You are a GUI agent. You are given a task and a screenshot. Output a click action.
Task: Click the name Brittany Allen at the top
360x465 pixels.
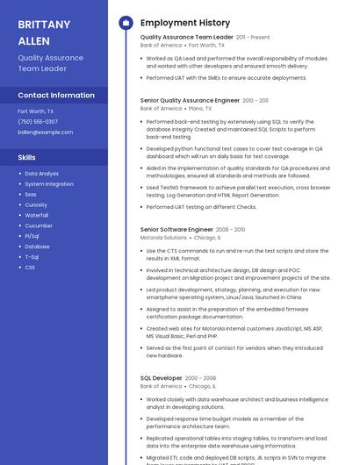[44, 32]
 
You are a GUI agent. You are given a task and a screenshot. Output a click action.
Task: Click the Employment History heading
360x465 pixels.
[184, 23]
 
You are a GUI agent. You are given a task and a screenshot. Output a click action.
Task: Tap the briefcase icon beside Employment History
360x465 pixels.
[126, 23]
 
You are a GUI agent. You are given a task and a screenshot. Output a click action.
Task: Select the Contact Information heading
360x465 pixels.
[56, 95]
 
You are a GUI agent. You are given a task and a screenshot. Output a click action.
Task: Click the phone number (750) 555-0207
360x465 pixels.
[38, 122]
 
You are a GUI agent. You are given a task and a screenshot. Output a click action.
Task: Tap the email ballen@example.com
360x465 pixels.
[46, 132]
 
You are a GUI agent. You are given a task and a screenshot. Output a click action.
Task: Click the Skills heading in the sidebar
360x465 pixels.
[27, 158]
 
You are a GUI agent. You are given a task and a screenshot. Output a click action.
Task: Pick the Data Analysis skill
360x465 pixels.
[42, 174]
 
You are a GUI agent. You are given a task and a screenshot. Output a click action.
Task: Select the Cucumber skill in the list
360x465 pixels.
[39, 225]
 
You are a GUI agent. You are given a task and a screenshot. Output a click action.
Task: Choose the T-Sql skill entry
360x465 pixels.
[32, 257]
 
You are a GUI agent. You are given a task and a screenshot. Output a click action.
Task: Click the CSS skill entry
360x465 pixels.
[30, 268]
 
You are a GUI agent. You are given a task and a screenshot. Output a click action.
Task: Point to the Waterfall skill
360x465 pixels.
[37, 215]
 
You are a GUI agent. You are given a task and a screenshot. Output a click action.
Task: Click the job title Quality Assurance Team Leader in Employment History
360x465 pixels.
[186, 38]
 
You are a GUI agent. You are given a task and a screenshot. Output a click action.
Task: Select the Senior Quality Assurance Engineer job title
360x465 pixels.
[190, 101]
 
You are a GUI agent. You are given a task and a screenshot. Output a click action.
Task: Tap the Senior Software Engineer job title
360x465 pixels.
[176, 229]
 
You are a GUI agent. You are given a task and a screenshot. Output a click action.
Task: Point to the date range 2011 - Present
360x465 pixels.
[253, 38]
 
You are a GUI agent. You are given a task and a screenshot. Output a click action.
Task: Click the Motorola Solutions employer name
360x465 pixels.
[163, 238]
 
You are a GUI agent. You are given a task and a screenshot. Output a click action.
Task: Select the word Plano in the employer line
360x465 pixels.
[207, 109]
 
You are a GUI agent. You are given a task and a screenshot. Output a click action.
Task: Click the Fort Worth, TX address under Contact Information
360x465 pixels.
[36, 111]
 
